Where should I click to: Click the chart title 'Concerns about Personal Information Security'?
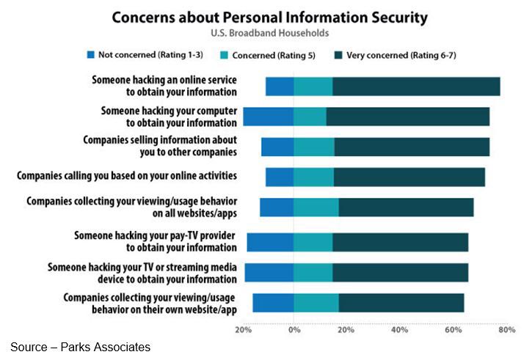(x=266, y=17)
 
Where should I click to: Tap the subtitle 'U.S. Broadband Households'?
(x=266, y=34)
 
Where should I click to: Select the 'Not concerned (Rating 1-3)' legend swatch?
(x=91, y=55)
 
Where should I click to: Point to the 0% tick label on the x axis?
(x=294, y=330)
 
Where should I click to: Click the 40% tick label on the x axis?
(x=399, y=330)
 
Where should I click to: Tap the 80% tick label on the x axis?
(x=506, y=330)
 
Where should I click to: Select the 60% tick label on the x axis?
(x=453, y=330)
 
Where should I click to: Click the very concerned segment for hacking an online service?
(x=416, y=87)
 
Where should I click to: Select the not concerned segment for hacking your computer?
(x=268, y=117)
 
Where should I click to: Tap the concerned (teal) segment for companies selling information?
(x=313, y=147)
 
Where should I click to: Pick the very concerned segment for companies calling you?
(x=409, y=177)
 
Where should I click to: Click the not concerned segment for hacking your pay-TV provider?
(x=270, y=242)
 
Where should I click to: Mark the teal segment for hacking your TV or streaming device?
(x=313, y=273)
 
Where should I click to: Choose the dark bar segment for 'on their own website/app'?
(x=401, y=303)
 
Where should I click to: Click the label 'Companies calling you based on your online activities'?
(x=127, y=176)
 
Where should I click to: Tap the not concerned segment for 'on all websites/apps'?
(x=277, y=207)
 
